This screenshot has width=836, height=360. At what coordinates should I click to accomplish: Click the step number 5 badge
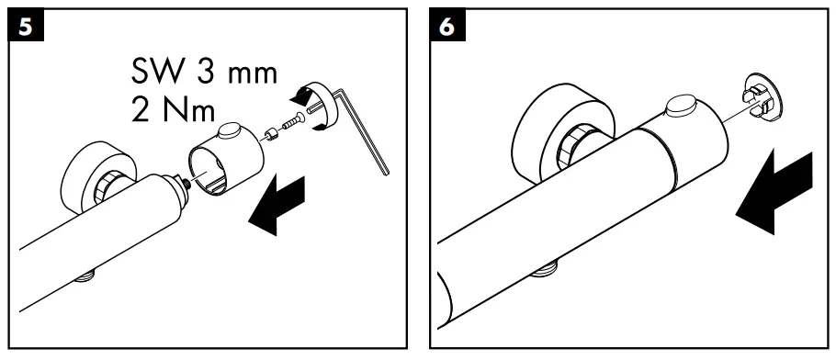click(x=27, y=27)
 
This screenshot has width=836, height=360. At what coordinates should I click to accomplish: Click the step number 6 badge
click(x=446, y=27)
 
